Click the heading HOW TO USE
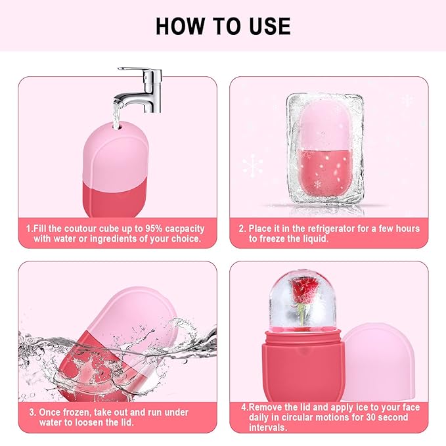point(223,26)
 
